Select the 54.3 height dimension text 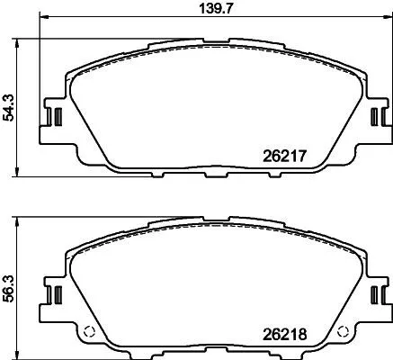pos(7,106)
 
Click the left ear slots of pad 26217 pos(53,117)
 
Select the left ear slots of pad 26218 pos(53,295)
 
